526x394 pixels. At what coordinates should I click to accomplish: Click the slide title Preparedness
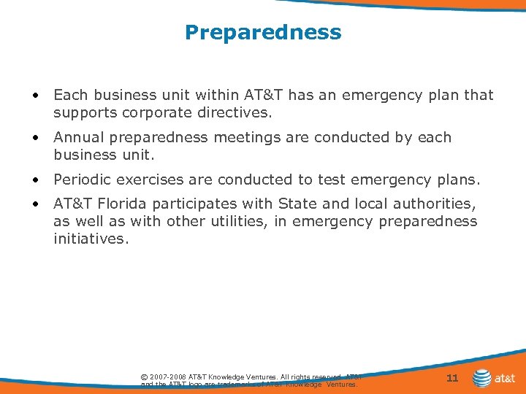point(263,33)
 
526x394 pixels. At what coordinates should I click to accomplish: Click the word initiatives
point(91,239)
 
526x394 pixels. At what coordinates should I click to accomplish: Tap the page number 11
point(451,378)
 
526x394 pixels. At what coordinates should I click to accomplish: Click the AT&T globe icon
point(482,378)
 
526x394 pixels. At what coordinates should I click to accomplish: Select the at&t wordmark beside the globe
point(506,379)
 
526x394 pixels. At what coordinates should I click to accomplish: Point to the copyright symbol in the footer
point(144,377)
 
